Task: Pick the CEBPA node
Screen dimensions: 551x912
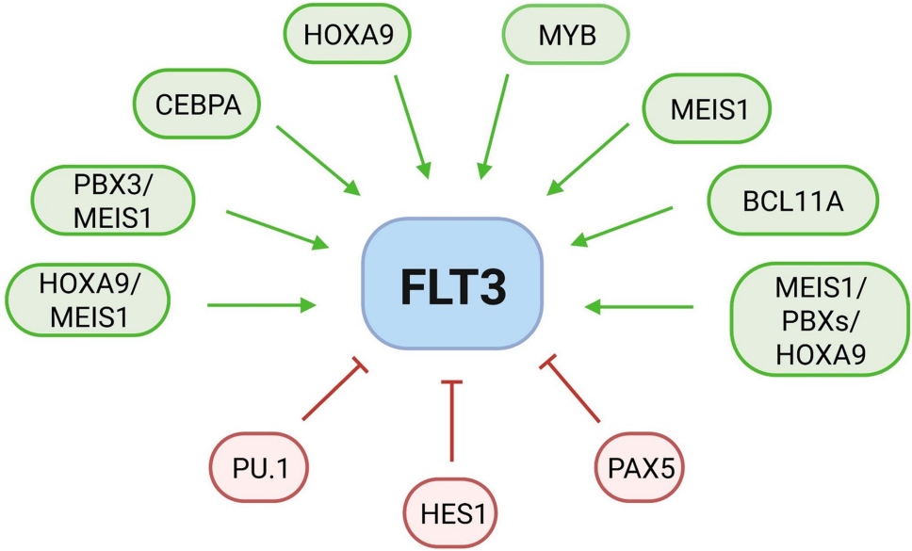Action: (x=200, y=105)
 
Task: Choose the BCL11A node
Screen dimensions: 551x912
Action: (x=791, y=200)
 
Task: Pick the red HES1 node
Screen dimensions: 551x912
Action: (x=450, y=514)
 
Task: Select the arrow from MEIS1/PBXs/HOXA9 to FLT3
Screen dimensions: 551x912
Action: (x=641, y=306)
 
